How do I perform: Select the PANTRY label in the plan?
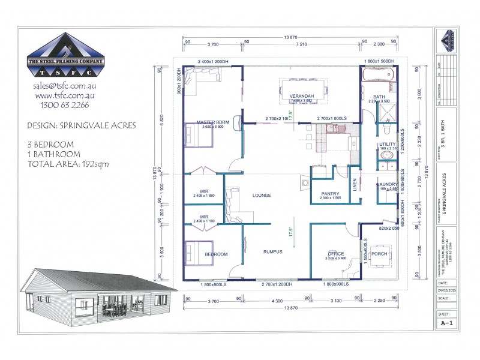point(330,193)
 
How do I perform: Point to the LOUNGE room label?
point(262,195)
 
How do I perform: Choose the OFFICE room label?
point(335,254)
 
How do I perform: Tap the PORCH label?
point(379,253)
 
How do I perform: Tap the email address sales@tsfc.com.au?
point(66,86)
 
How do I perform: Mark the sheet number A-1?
point(446,323)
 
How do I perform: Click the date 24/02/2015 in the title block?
point(446,290)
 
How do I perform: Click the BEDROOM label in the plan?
point(216,254)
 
